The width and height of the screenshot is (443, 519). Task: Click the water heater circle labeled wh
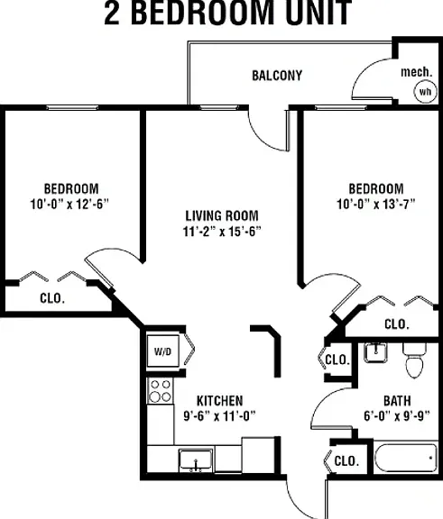pos(425,91)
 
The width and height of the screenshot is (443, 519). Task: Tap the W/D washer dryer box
pos(163,351)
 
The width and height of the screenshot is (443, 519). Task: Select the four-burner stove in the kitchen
pos(161,391)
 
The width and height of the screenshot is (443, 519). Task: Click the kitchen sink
pos(196,460)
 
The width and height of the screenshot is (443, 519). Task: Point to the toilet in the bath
pos(414,360)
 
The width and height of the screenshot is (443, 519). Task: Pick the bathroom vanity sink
pos(375,352)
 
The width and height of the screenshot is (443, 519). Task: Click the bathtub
pos(406,458)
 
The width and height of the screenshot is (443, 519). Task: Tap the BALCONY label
pos(277,76)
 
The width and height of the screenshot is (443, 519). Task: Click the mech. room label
pos(417,72)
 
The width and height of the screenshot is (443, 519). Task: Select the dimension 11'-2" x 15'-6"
pos(222,232)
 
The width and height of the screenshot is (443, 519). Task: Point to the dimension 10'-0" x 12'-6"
pos(69,204)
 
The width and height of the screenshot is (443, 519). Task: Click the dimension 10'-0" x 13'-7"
pos(376,204)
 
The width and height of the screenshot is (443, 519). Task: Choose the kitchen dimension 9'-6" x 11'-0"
pos(219,415)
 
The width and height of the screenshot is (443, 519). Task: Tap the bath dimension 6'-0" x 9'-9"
pos(397,415)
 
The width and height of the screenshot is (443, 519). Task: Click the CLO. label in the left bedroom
pos(52,298)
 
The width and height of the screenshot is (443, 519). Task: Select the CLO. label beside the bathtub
pos(346,460)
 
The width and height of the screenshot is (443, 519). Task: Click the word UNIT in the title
pos(318,13)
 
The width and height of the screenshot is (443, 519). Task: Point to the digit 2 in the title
pos(112,13)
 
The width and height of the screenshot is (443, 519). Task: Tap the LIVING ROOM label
pos(222,216)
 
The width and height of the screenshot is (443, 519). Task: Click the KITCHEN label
pos(219,401)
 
